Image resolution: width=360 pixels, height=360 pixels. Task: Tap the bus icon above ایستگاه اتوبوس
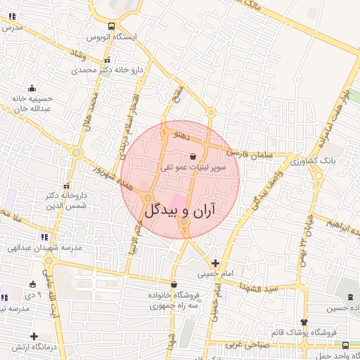[x=112, y=26]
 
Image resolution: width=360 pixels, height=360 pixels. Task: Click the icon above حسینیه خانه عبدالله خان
[x=31, y=89]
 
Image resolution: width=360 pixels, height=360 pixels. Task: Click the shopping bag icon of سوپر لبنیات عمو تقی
[x=193, y=156]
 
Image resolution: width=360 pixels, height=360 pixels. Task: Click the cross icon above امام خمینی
[x=214, y=263]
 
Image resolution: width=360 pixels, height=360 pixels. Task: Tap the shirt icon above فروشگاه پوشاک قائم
[x=304, y=321]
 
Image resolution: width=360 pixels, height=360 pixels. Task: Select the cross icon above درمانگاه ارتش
[x=34, y=336]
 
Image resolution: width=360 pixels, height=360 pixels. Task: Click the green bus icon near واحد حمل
[x=345, y=345]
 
